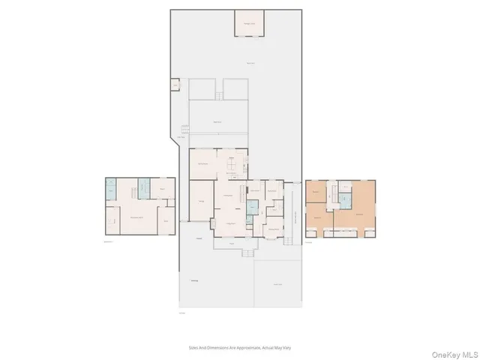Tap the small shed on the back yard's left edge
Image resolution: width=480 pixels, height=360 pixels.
[x=175, y=85]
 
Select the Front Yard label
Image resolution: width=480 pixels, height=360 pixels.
[x=277, y=284]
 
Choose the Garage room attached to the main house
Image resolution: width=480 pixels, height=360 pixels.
[x=202, y=201]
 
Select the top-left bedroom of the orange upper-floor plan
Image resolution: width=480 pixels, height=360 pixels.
[x=316, y=193]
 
